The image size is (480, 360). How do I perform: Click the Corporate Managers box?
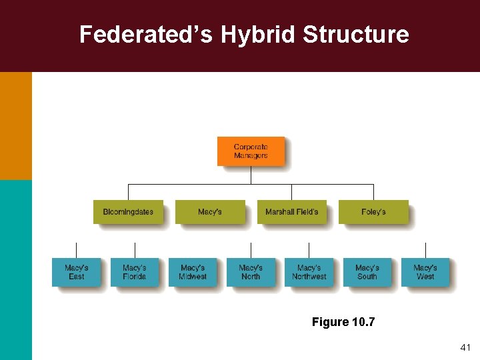(x=251, y=151)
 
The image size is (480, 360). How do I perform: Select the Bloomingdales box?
(x=128, y=212)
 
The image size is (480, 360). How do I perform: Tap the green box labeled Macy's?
(x=209, y=212)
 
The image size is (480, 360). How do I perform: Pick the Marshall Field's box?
(x=291, y=212)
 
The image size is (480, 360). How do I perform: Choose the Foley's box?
(x=373, y=212)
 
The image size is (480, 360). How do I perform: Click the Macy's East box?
(x=76, y=272)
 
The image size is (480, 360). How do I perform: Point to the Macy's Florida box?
(x=134, y=272)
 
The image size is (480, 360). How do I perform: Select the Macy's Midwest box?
(x=193, y=272)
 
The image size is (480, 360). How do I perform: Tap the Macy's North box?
(x=251, y=272)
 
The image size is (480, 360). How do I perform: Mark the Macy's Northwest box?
(x=309, y=272)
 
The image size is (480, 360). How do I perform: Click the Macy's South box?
(x=367, y=272)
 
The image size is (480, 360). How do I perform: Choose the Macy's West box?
(x=425, y=272)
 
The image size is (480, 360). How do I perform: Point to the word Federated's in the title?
(x=146, y=35)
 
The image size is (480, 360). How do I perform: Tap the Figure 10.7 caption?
(x=343, y=323)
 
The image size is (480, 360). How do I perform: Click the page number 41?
(x=465, y=348)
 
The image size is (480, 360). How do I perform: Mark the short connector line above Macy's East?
(x=76, y=251)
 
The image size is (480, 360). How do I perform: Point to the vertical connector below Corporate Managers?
(x=251, y=175)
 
